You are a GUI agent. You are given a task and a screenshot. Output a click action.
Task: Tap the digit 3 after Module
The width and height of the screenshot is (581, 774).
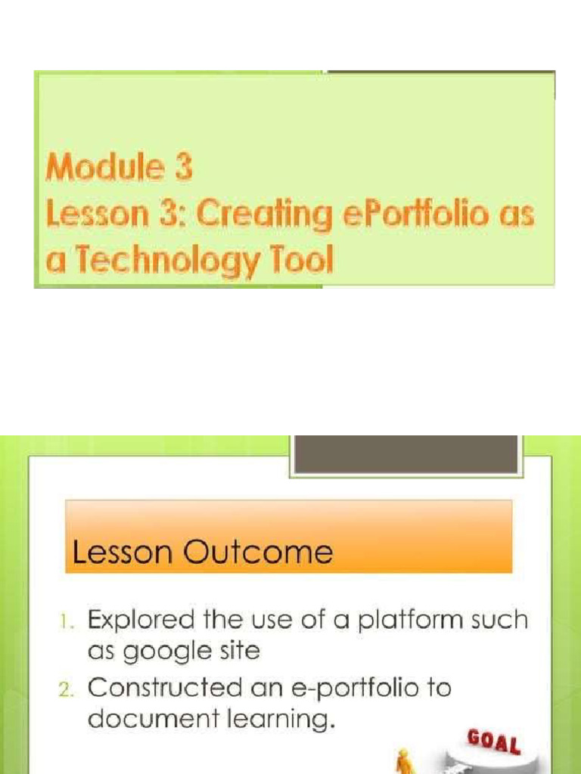184,167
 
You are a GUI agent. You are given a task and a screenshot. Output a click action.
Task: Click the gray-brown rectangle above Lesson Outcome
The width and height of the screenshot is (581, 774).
406,454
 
